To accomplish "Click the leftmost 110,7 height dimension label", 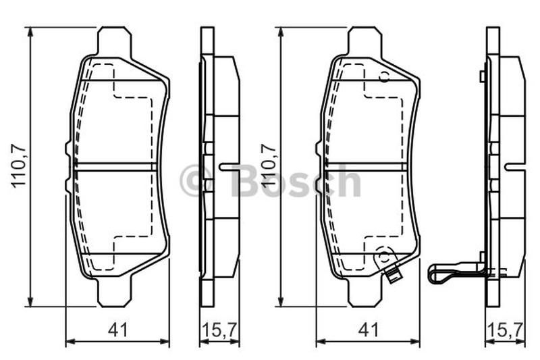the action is click(x=19, y=166).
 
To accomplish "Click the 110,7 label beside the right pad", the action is click(x=269, y=166).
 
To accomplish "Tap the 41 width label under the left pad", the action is click(x=117, y=330).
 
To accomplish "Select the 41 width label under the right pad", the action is click(x=369, y=330).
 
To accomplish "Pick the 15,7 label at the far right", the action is click(x=506, y=330).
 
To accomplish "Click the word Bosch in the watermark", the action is click(x=296, y=180).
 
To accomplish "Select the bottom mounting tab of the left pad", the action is click(x=115, y=292).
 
